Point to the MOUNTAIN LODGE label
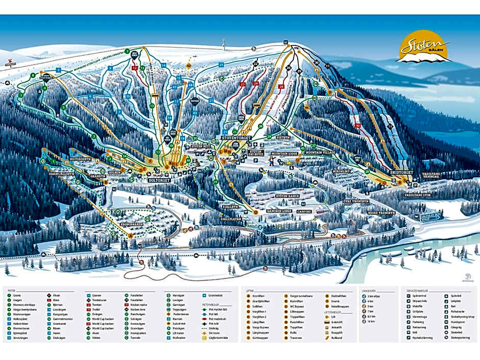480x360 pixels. click(284, 153)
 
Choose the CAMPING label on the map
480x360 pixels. click(304, 211)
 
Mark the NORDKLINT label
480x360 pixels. click(342, 171)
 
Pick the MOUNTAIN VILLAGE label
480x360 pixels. click(319, 152)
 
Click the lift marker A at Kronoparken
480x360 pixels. click(130, 235)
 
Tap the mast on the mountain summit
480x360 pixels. click(223, 42)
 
